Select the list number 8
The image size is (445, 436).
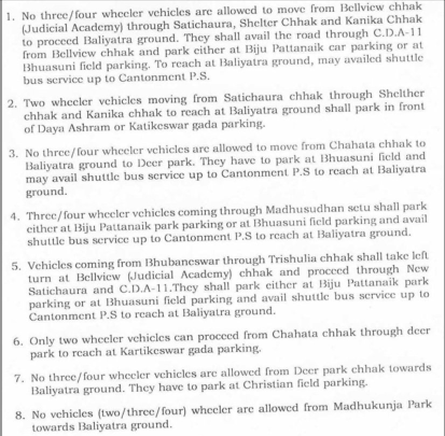19,415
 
